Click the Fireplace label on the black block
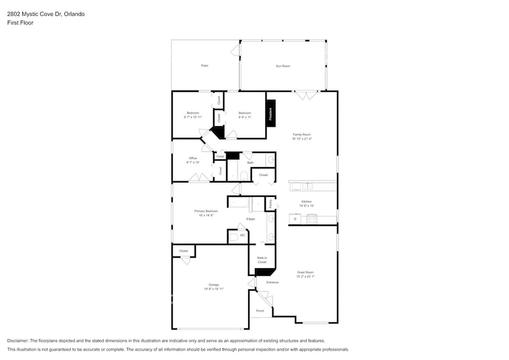click(x=271, y=113)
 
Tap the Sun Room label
click(x=282, y=66)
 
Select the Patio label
click(x=205, y=66)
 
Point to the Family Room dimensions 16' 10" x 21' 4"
click(x=302, y=139)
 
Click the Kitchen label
click(x=306, y=201)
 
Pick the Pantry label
click(x=270, y=203)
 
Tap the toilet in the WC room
click(x=233, y=236)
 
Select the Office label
click(x=193, y=158)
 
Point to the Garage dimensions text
click(x=213, y=289)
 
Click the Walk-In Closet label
click(x=262, y=260)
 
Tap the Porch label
click(x=260, y=310)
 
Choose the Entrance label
click(x=272, y=282)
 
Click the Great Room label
click(x=305, y=272)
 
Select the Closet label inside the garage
click(x=184, y=251)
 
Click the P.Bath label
click(x=251, y=219)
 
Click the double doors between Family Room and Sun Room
click(x=305, y=95)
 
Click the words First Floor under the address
click(x=20, y=23)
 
